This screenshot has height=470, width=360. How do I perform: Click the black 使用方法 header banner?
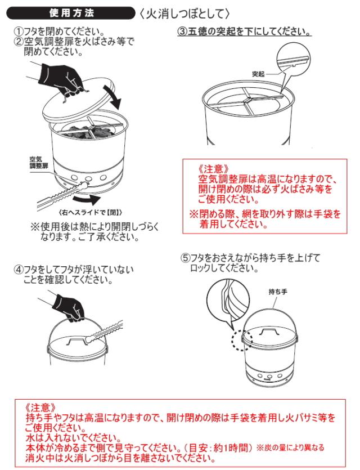(71, 13)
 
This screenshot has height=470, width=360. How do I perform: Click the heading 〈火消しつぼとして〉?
(185, 14)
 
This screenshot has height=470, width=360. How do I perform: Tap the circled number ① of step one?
(19, 32)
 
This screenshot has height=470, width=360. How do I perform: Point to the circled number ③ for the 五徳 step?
(182, 32)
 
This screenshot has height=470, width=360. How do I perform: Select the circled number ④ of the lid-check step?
(19, 270)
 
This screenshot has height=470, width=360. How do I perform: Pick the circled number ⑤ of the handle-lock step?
(186, 258)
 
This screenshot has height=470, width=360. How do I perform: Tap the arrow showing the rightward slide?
(87, 199)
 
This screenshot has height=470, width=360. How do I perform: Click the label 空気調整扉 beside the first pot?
(39, 163)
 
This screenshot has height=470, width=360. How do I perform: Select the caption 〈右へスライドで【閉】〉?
(91, 213)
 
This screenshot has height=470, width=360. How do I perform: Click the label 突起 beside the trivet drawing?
(258, 74)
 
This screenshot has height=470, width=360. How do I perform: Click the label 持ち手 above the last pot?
(278, 292)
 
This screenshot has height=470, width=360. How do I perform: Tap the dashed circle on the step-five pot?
(242, 340)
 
